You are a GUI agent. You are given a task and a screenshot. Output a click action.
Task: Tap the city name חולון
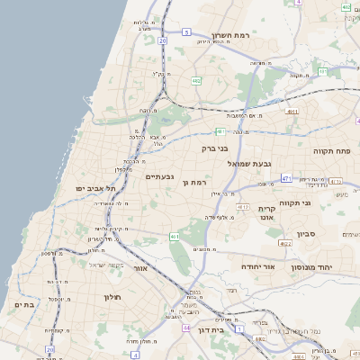pos(112,297)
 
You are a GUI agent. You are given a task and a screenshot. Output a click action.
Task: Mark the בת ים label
pos(24,305)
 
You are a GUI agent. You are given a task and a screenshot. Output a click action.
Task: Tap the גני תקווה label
pos(294,203)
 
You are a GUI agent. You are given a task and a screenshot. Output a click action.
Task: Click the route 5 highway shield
pos(186,31)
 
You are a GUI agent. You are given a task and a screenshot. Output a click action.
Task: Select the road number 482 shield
pos(196,80)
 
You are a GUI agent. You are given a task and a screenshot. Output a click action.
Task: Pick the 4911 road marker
pos(291,112)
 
